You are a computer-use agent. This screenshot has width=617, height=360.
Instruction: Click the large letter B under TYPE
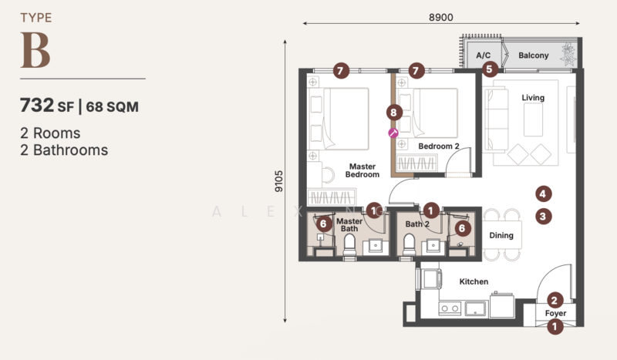[35, 50]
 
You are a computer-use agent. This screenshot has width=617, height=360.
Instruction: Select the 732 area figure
[37, 105]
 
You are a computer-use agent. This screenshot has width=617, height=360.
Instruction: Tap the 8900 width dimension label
[440, 17]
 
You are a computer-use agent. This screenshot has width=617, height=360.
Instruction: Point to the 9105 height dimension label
[278, 181]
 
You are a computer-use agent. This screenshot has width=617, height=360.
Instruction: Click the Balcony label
[533, 56]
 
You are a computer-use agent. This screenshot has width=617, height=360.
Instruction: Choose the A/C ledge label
[484, 56]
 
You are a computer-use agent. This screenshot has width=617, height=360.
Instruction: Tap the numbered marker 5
[489, 69]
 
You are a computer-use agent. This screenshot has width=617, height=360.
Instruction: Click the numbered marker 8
[394, 113]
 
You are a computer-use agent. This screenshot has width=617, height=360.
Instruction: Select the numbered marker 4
[543, 193]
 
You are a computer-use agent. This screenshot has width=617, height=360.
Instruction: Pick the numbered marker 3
[543, 216]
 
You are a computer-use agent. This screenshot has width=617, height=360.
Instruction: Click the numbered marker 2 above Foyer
[555, 301]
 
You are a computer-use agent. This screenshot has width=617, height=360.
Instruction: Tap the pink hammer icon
[393, 133]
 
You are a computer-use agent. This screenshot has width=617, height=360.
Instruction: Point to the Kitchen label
[474, 281]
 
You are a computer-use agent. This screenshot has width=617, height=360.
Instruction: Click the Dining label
[501, 235]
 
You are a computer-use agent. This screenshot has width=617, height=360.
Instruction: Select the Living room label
[533, 98]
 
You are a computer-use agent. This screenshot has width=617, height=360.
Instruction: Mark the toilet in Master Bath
[349, 245]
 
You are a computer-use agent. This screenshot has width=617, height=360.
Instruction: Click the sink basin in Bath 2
[433, 245]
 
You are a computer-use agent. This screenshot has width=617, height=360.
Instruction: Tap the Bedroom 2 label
[439, 146]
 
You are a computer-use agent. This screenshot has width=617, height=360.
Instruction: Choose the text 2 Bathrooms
[64, 150]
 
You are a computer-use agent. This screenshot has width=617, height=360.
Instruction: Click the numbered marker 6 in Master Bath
[323, 224]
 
